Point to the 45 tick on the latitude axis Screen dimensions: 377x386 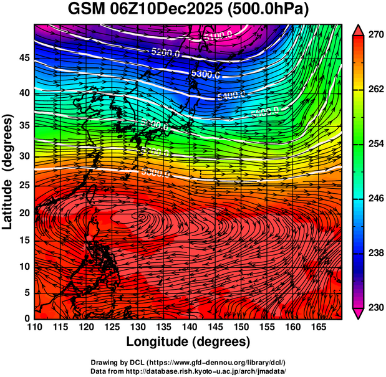pyautogui.click(x=22, y=58)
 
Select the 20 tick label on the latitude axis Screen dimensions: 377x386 pyautogui.click(x=22, y=212)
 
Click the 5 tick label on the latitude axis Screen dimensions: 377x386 pyautogui.click(x=26, y=292)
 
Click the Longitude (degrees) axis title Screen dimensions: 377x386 pyautogui.click(x=188, y=341)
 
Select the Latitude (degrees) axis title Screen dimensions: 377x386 pyautogui.click(x=9, y=171)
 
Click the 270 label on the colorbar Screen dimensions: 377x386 pyautogui.click(x=373, y=36)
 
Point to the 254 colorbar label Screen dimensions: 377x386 pyautogui.click(x=373, y=144)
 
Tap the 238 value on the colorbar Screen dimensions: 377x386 pyautogui.click(x=373, y=253)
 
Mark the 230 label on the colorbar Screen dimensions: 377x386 pyautogui.click(x=373, y=307)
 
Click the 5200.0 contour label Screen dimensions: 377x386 pyautogui.click(x=166, y=54)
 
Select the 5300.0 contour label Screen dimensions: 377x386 pyautogui.click(x=206, y=74)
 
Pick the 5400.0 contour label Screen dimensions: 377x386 pyautogui.click(x=231, y=95)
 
